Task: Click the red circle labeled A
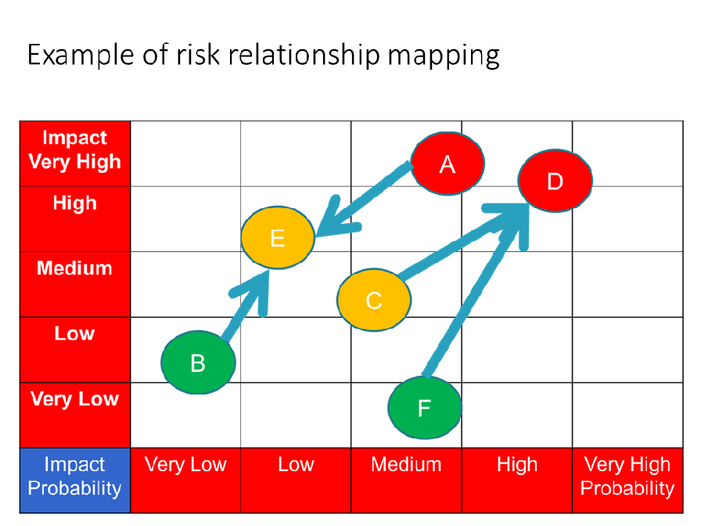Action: [447, 164]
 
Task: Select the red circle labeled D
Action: [555, 181]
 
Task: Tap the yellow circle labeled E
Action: [278, 237]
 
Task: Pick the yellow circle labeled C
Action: [374, 300]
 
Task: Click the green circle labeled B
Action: [198, 362]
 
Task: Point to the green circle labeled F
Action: [424, 408]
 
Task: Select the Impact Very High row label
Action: [74, 150]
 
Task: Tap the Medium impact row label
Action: [74, 268]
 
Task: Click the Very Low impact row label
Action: [74, 398]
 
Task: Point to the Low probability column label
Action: [296, 464]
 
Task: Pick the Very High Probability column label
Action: [627, 477]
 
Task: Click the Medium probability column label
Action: [406, 464]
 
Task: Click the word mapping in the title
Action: [444, 56]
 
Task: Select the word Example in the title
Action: [81, 55]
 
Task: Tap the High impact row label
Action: [74, 203]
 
